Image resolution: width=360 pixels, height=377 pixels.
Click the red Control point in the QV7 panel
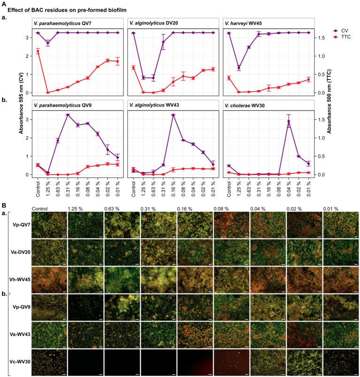(x=38, y=51)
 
